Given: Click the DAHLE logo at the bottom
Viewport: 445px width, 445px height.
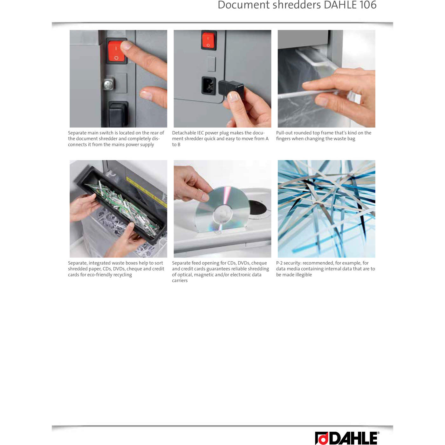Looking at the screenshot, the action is [x=347, y=438].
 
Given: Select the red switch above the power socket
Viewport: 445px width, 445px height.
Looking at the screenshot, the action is [x=208, y=40].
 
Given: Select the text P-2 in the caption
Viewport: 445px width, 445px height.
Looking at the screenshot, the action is [x=279, y=263].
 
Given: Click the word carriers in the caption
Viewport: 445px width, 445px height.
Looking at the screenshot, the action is [x=180, y=281].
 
